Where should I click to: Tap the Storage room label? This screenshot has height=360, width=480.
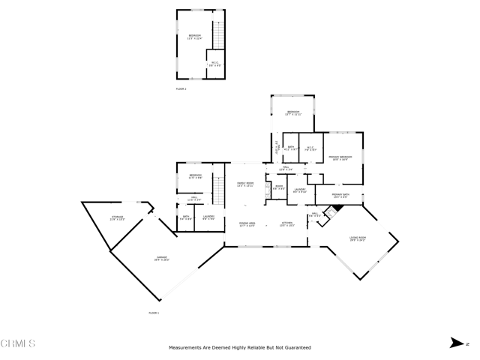tap(117, 218)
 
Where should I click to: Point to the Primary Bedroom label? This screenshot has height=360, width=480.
tap(340, 157)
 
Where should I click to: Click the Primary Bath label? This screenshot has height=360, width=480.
tap(341, 196)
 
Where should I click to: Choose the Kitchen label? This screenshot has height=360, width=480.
tap(287, 224)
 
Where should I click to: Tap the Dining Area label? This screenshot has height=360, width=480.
tap(247, 224)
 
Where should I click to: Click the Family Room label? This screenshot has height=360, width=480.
tap(246, 184)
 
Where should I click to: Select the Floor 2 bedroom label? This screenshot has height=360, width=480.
tap(194, 37)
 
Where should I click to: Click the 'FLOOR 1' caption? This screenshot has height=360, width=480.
tap(154, 312)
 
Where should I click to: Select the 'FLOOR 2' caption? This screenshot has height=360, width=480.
tap(181, 89)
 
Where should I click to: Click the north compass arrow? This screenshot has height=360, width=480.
tap(455, 343)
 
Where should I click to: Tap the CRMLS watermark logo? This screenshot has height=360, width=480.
tap(18, 344)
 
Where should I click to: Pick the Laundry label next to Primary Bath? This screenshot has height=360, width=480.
tap(299, 191)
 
